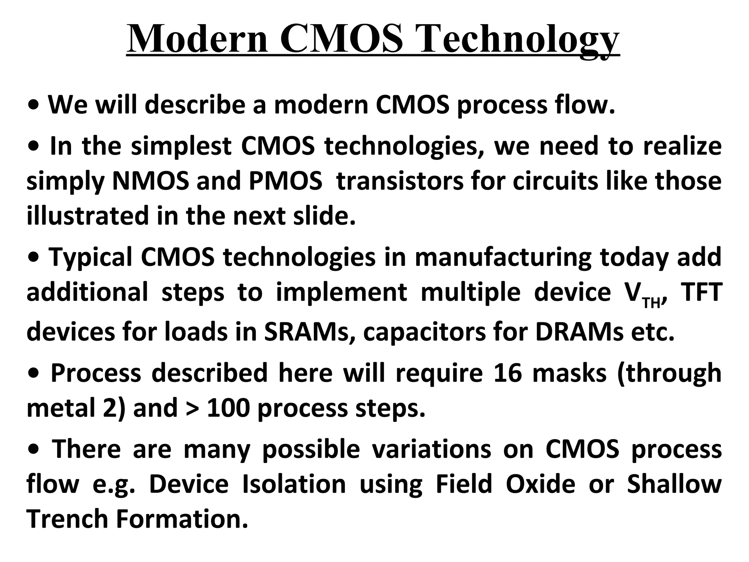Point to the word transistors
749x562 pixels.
400,181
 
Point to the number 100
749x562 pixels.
228,408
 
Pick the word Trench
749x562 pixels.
67,518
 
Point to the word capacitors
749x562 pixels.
424,332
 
